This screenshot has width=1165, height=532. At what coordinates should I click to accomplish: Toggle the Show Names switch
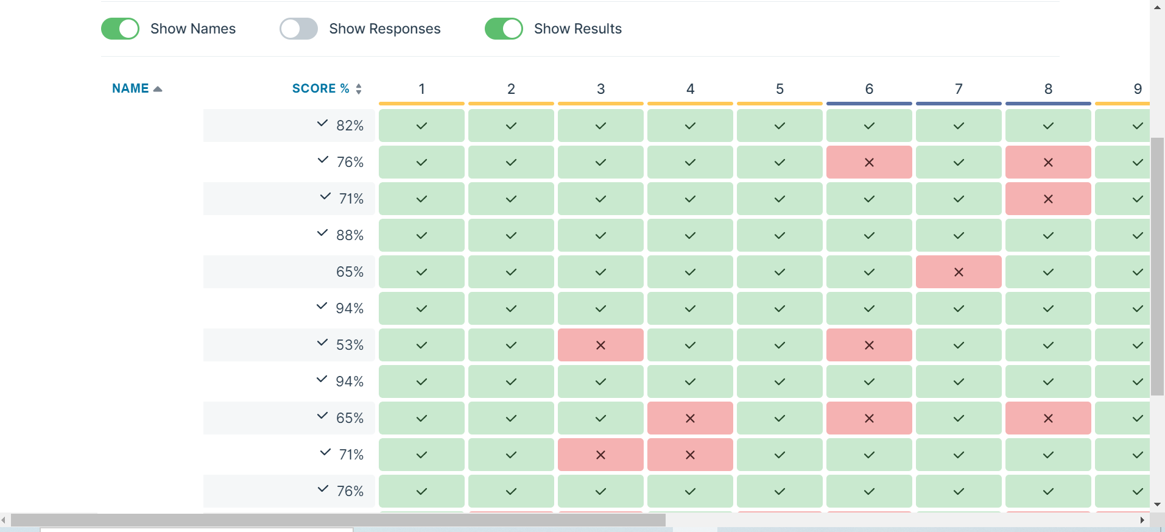tap(120, 29)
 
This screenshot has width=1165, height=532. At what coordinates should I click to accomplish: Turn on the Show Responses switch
tap(298, 29)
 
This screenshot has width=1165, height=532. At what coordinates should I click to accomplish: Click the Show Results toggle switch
tap(504, 29)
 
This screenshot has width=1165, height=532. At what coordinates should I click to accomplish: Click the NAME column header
tap(130, 88)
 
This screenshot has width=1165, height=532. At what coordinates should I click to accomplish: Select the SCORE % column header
tap(320, 88)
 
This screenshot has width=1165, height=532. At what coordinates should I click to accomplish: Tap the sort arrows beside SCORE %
tap(359, 89)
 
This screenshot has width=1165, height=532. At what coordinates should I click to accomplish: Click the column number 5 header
tap(780, 89)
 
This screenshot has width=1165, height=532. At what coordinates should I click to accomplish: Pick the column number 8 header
tap(1048, 89)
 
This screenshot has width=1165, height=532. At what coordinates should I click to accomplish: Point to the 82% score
tap(350, 126)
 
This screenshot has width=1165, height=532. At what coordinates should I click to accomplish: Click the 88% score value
tap(350, 235)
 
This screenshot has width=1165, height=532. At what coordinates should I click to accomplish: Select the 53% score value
tap(350, 345)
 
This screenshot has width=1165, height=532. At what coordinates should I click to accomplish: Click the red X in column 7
tap(959, 272)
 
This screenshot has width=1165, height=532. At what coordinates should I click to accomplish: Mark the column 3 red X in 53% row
tap(600, 345)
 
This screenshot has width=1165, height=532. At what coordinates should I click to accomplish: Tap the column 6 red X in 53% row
tap(869, 345)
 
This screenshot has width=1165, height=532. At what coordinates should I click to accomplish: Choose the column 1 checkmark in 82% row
tap(421, 126)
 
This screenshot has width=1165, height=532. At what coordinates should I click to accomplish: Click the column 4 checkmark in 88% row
tap(690, 235)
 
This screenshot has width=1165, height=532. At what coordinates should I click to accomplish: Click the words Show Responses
tap(384, 29)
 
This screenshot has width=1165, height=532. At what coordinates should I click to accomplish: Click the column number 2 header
tap(511, 89)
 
